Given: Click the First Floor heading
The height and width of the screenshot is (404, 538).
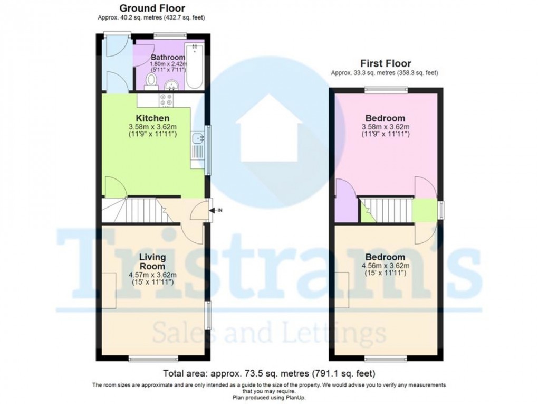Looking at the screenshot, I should (385, 63).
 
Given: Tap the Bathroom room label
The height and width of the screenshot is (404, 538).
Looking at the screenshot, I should (168, 57).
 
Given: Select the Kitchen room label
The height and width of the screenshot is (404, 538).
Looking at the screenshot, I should (153, 118).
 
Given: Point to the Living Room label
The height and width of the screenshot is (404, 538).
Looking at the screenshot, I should (153, 261).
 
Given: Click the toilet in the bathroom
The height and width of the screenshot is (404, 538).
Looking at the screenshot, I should (152, 81).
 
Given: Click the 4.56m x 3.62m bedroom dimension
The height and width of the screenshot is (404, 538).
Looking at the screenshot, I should (387, 266).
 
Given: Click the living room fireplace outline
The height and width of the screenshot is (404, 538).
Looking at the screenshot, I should (110, 290).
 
